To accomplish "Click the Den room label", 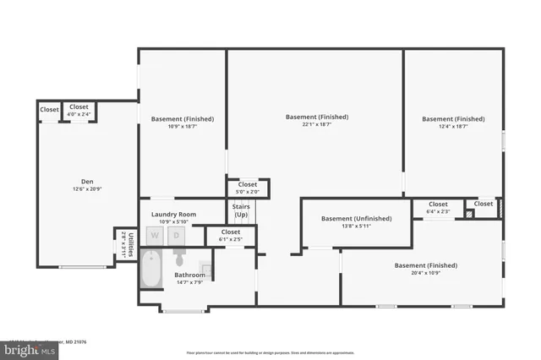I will [87, 182].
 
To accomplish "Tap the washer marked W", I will [155, 237].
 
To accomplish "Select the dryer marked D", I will [177, 237].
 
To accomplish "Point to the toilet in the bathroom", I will [178, 258].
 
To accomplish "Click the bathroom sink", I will [208, 270].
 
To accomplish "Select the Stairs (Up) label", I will [240, 212].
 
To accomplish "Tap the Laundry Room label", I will [173, 215].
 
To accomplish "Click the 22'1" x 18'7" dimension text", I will [316, 125].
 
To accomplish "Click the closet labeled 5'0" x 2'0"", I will [248, 188].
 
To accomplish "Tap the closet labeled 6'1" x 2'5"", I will [231, 235].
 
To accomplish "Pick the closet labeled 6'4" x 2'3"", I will [438, 207].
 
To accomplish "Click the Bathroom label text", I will [189, 275].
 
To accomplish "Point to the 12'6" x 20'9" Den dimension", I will [87, 189].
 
